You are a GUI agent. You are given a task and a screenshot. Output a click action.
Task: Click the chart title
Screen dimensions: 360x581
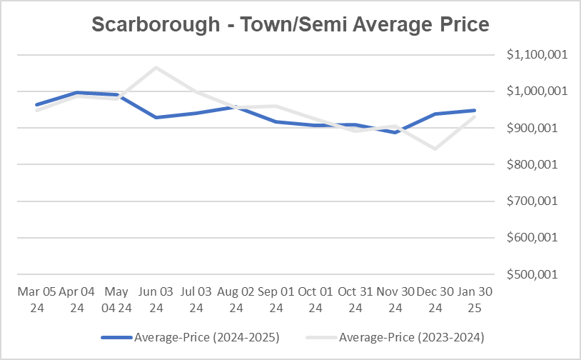[290, 24]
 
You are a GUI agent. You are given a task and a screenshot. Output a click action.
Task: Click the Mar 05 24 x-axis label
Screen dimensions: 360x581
[36, 299]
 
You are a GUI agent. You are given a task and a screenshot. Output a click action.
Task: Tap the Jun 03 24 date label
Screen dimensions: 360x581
[156, 299]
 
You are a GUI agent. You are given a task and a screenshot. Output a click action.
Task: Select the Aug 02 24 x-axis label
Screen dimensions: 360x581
[236, 299]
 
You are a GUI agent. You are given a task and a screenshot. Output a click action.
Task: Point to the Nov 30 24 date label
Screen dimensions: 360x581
[395, 299]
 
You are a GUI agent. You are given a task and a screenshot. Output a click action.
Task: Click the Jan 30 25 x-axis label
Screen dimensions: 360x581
[475, 299]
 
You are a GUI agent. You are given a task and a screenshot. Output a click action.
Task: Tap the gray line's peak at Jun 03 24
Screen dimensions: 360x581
[156, 68]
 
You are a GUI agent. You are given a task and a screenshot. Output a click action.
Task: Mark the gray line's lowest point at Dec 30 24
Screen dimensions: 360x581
[435, 149]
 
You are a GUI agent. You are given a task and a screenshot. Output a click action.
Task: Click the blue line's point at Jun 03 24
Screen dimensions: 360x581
[156, 117]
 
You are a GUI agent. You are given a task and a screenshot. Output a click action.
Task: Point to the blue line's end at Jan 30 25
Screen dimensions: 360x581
[475, 110]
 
